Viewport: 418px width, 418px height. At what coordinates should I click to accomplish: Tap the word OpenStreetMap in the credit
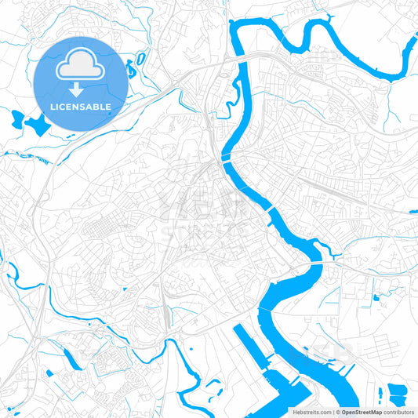tap(362, 411)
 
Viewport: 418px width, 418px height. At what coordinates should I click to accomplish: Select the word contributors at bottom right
tap(398, 411)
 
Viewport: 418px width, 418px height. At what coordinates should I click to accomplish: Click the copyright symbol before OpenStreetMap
tap(337, 411)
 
